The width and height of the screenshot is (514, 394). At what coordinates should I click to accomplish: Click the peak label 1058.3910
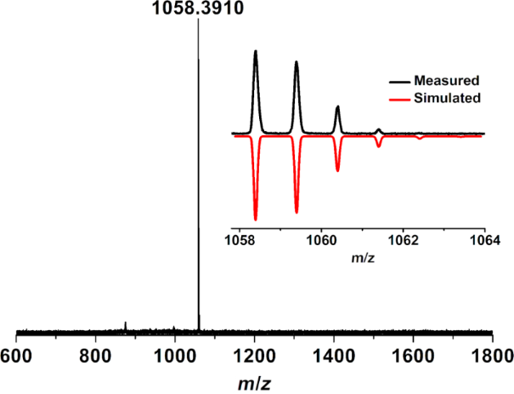click(x=198, y=9)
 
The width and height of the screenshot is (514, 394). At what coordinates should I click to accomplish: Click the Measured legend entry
click(x=447, y=81)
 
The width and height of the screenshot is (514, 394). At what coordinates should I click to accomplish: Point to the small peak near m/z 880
click(x=126, y=324)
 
